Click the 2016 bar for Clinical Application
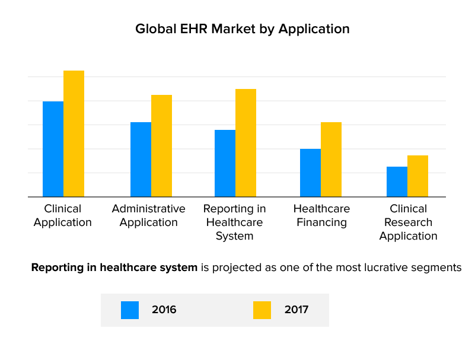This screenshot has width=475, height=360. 53,149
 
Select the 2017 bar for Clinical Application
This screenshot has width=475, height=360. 74,133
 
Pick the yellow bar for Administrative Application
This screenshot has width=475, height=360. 161,146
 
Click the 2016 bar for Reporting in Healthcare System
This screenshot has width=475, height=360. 225,163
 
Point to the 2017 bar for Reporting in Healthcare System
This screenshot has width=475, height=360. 246,143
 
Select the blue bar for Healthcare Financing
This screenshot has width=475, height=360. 310,173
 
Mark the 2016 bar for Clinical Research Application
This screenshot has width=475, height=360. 397,181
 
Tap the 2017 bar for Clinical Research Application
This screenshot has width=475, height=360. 417,176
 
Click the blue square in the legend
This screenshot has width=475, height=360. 130,310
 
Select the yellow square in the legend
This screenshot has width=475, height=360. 262,310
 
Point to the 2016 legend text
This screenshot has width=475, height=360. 164,310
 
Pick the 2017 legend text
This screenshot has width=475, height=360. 297,310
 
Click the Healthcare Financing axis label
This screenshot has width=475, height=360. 321,215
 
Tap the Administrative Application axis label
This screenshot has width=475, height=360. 148,215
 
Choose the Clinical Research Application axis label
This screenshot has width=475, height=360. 408,222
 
